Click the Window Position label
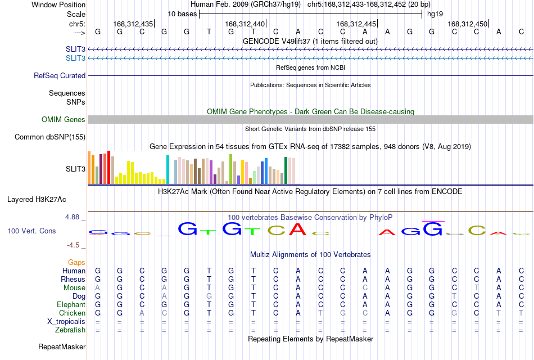pos(58,4)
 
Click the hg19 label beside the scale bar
pos(435,14)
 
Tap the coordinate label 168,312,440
pos(245,24)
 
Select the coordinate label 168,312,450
pos(467,24)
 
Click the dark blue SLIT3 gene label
pos(76,49)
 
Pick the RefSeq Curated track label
pos(60,76)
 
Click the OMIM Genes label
pos(64,119)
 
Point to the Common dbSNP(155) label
pos(50,137)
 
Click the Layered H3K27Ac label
pos(37,200)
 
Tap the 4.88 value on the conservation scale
pos(72,217)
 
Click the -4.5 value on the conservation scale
pos(73,245)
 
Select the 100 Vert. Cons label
pos(31,231)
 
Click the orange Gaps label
pos(76,262)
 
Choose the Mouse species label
pos(74,288)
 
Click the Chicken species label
pos(72,313)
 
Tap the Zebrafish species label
pos(70,330)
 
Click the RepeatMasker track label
pos(62,346)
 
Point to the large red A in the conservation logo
pos(298,229)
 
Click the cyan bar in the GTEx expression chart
pos(168,169)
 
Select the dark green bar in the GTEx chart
pos(286,170)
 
